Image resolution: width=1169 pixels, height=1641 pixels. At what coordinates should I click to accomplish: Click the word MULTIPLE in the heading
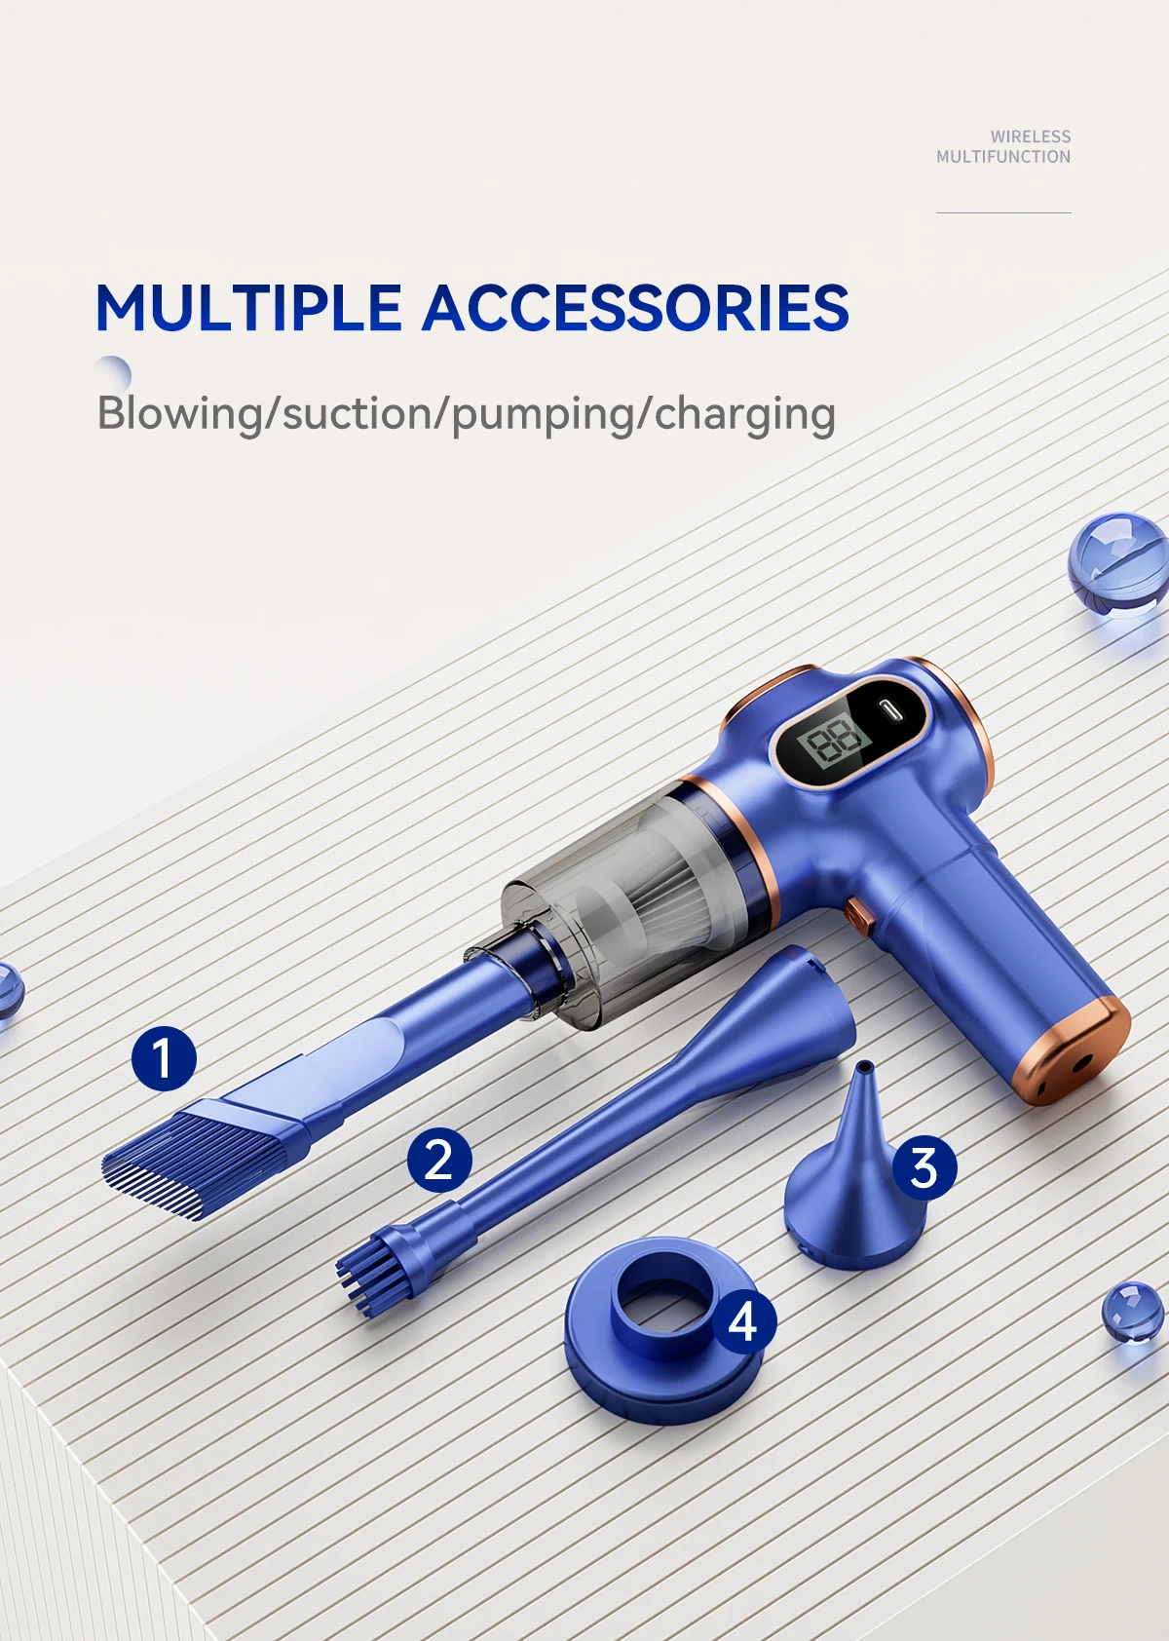pyautogui.click(x=248, y=308)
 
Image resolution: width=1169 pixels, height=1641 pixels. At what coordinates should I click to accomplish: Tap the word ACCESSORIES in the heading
pyautogui.click(x=635, y=308)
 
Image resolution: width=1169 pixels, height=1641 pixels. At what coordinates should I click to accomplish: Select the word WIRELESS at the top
pyautogui.click(x=1030, y=136)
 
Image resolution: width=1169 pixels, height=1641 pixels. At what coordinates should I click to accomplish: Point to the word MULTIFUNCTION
pyautogui.click(x=1003, y=156)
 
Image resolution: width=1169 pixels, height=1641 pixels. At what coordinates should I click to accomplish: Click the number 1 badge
pyautogui.click(x=164, y=1058)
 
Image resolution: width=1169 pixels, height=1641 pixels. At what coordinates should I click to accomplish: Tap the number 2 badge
pyautogui.click(x=439, y=1160)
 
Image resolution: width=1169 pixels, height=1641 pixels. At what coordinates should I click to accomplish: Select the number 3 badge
pyautogui.click(x=924, y=1167)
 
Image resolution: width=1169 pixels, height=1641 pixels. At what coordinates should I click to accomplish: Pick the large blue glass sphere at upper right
pyautogui.click(x=1118, y=561)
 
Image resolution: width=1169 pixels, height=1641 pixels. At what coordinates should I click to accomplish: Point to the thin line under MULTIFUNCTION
pyautogui.click(x=1003, y=213)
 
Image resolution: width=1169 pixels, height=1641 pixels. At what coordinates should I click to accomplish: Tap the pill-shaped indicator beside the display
pyautogui.click(x=890, y=711)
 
